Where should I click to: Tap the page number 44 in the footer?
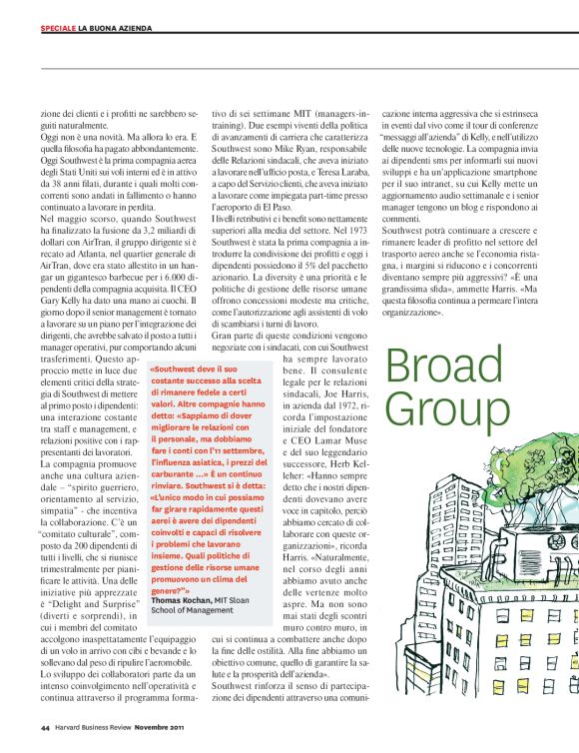coord(46,728)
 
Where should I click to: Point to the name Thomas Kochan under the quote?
coord(182,599)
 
